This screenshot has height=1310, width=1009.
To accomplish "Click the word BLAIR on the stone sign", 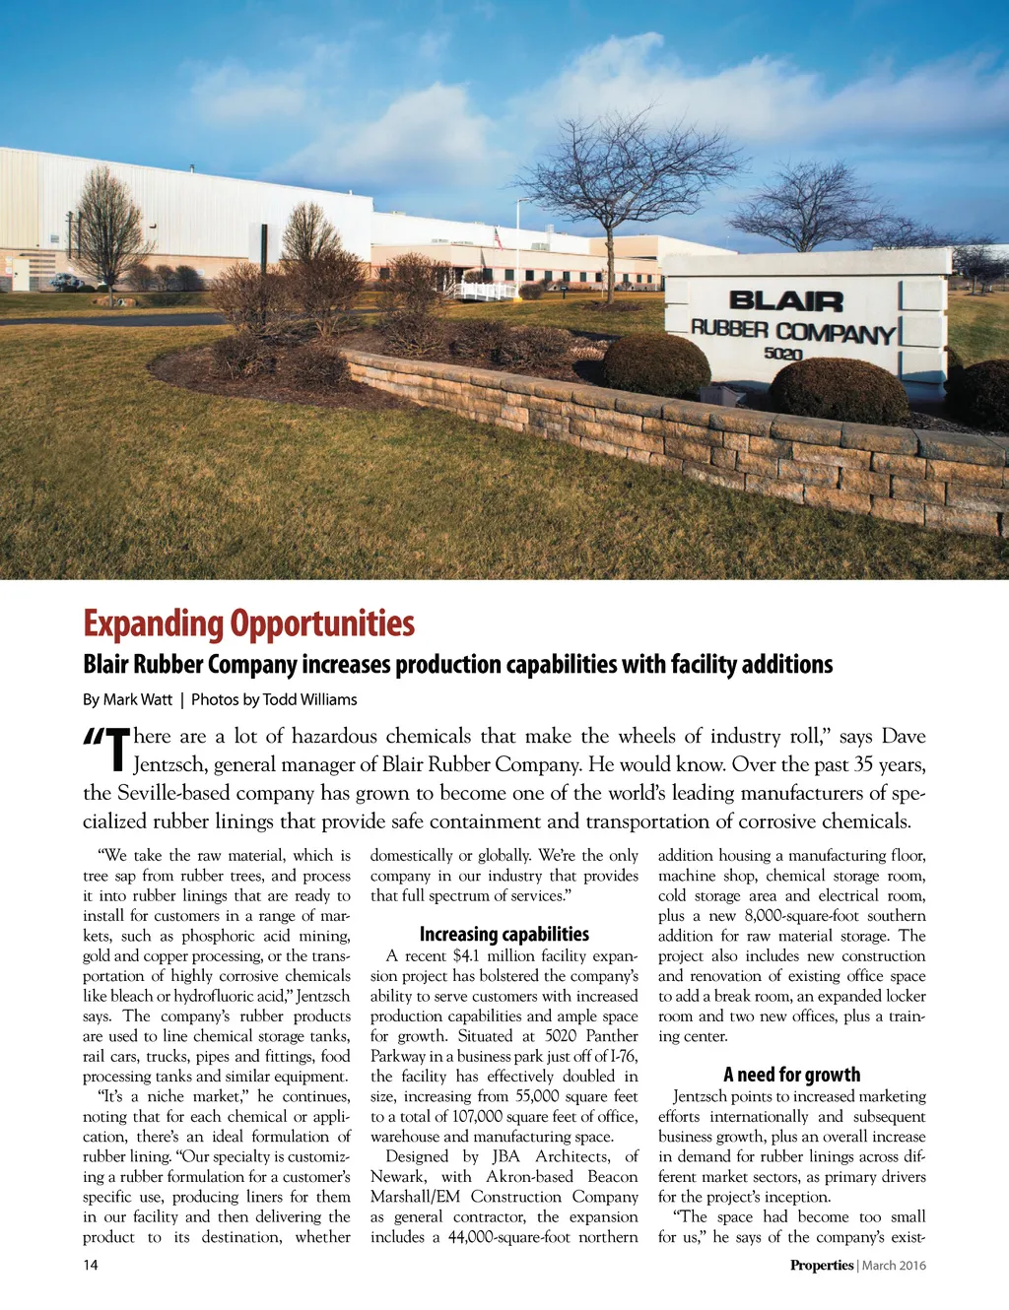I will [785, 301].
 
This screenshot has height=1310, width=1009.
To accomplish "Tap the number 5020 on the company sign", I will [783, 354].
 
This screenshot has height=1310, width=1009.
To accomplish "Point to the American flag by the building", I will [499, 238].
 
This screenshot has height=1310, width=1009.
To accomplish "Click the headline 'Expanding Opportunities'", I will [248, 623].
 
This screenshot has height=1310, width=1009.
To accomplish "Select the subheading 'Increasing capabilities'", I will [504, 934].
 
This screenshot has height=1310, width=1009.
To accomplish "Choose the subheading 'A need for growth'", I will [791, 1074].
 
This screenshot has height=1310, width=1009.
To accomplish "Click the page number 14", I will [91, 1265].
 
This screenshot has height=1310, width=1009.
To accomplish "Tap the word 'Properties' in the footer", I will [821, 1265].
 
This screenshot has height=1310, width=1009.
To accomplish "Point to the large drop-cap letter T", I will [117, 751].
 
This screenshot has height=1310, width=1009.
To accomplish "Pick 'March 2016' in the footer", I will [894, 1265].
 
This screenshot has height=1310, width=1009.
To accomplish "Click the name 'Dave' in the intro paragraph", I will [903, 737].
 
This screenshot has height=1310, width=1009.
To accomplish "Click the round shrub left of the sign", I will [656, 365].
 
